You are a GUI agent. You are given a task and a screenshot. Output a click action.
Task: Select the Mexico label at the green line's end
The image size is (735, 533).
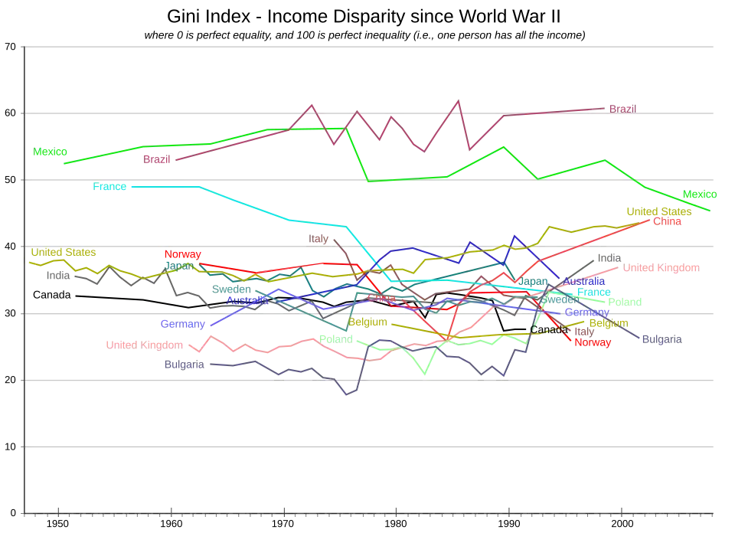point(697,195)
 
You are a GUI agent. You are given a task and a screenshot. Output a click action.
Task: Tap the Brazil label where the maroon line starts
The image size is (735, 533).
point(156,160)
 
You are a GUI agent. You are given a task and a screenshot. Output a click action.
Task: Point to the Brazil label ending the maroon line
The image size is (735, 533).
point(622,109)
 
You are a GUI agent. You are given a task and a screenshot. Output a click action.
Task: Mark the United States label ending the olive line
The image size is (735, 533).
point(658,211)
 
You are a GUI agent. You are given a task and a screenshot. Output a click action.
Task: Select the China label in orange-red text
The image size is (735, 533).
point(668,221)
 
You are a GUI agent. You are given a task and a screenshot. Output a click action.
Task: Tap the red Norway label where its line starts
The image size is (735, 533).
point(182,254)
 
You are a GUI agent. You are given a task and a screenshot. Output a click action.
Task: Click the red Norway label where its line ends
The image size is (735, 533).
point(593,343)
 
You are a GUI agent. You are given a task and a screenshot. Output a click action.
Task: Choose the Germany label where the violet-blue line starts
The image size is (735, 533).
point(184,324)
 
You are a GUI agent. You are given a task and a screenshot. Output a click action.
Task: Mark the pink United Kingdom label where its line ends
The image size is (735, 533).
point(662,269)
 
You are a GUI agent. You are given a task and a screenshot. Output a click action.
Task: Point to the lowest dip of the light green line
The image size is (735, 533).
point(426,376)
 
